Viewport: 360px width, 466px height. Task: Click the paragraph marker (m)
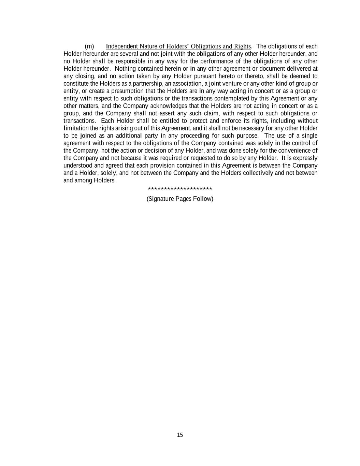pos(89,46)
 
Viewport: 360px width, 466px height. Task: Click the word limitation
pos(76,128)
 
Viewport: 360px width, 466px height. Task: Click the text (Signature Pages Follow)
pos(180,199)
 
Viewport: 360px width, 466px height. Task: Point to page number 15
pos(180,435)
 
